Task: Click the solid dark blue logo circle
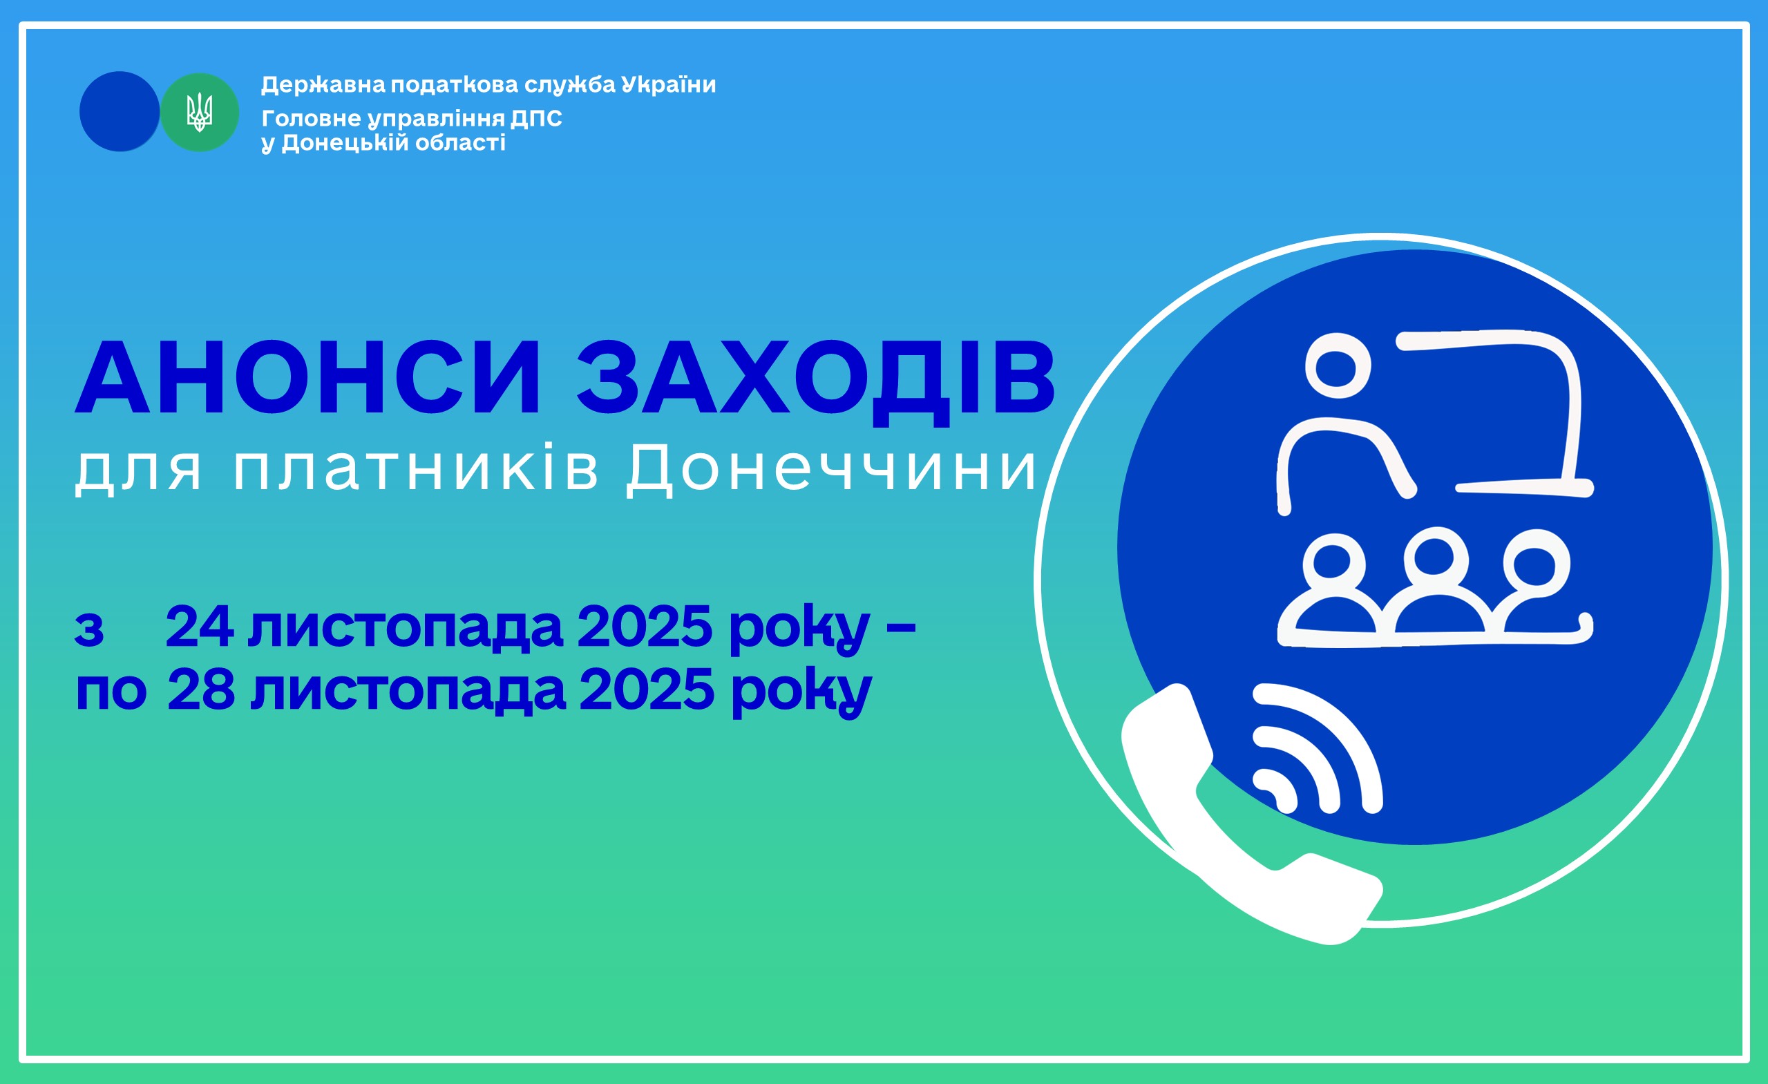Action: pos(119,111)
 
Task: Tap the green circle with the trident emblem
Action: pos(200,112)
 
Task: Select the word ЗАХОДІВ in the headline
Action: pos(816,381)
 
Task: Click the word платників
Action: pos(415,468)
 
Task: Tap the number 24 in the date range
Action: pos(200,625)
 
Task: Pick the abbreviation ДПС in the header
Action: pos(536,119)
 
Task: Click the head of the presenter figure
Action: pos(1338,366)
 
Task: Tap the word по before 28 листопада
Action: pos(111,692)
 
